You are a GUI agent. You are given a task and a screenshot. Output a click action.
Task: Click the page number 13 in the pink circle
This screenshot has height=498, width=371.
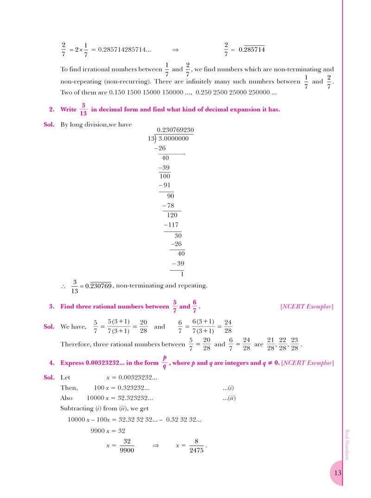point(338,473)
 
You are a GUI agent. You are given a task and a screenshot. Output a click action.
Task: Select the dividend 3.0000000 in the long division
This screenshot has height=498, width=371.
point(173,139)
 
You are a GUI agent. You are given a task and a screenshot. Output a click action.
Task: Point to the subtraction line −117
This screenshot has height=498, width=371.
point(171,225)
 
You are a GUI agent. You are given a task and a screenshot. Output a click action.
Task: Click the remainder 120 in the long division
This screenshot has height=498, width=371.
point(172,215)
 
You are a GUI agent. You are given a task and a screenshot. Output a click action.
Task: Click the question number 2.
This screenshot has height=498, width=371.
point(52,110)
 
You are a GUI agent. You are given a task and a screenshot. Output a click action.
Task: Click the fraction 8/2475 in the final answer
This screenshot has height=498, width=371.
point(196,446)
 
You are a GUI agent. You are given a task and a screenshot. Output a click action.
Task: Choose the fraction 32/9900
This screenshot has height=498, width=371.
point(127,446)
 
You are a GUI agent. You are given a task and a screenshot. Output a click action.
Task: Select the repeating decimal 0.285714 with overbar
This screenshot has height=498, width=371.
point(251,50)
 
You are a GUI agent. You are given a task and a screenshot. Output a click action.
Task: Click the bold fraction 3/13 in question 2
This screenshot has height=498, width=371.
point(83,110)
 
